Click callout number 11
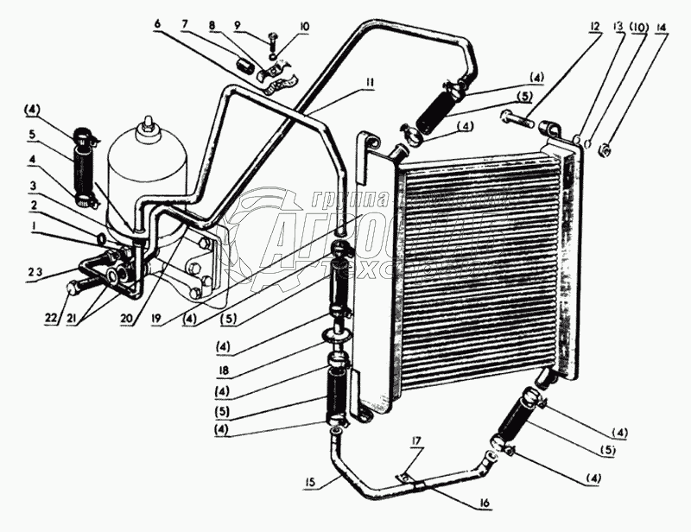coord(370,83)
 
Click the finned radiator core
coord(479,259)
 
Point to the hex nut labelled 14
coord(605,150)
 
